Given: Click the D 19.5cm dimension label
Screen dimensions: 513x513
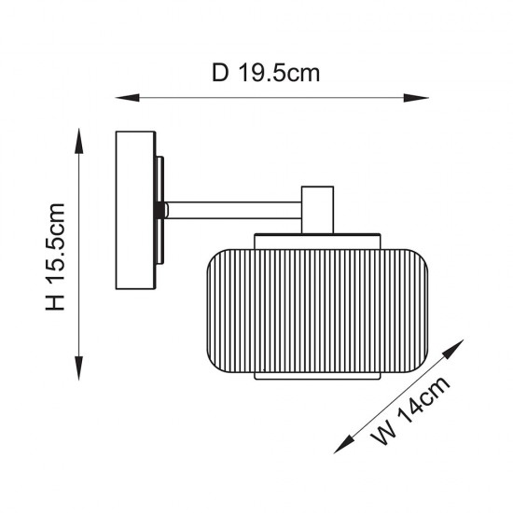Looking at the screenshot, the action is point(266,73).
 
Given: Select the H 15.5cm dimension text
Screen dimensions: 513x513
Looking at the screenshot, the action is point(55,256).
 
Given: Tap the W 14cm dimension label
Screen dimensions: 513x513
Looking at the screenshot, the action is point(409,410).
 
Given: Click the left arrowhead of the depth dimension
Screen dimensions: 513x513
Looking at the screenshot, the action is point(127,98).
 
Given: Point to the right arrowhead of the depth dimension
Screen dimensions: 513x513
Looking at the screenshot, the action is point(416,98).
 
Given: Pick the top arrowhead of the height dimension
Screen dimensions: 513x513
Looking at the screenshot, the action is point(79,141).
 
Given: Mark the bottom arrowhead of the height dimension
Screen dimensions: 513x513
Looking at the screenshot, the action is point(79,368).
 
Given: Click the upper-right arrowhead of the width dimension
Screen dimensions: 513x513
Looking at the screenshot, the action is point(454,349).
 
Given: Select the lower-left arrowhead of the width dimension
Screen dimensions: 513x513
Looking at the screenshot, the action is point(343,444).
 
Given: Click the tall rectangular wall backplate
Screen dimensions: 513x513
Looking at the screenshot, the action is point(135,211).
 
